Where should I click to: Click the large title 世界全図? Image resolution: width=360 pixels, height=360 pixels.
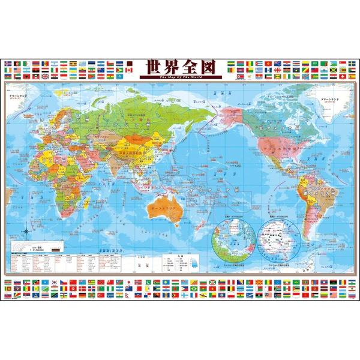(x=180, y=67)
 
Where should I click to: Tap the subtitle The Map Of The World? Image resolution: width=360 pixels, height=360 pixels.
(x=180, y=77)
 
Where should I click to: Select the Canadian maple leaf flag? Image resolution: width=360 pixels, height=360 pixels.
(x=128, y=70)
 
